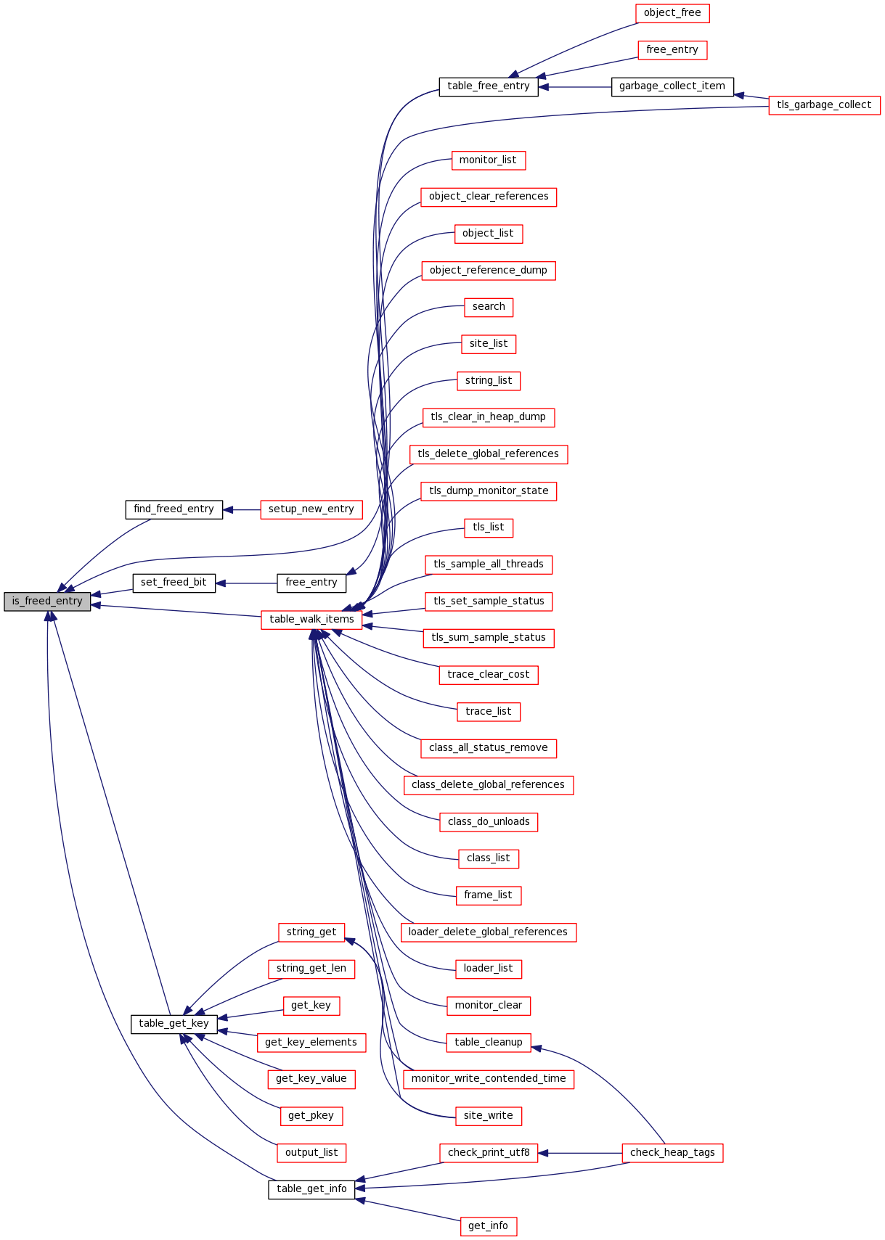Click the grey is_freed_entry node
(x=47, y=601)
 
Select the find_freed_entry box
(x=174, y=509)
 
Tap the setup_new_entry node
(x=311, y=509)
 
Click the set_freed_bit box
(x=174, y=583)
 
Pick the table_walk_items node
(x=311, y=620)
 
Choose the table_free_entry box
(x=488, y=86)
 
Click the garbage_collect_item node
(x=672, y=86)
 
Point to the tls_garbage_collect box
(x=823, y=105)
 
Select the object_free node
(x=672, y=13)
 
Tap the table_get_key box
(x=174, y=1024)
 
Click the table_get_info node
(x=311, y=1189)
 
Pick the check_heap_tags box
(x=672, y=1153)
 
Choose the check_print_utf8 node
(x=488, y=1153)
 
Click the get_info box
(x=488, y=1226)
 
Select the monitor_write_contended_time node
(x=488, y=1079)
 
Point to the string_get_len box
(x=311, y=969)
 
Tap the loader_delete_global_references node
(x=488, y=932)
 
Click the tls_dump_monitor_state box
(x=488, y=491)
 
